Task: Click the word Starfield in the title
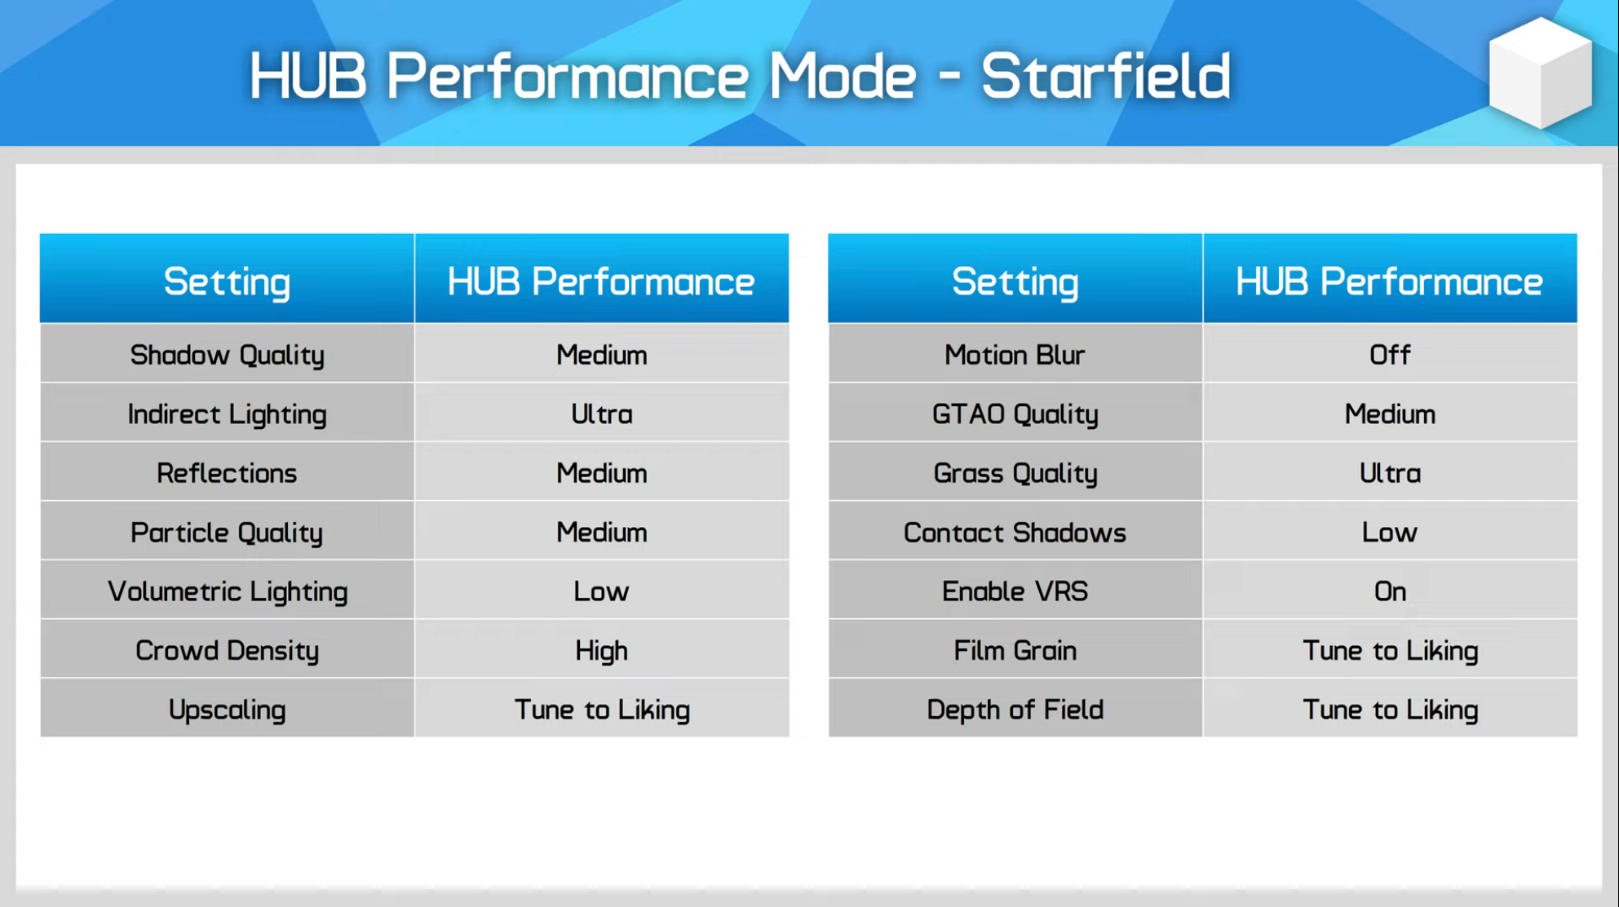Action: (1105, 76)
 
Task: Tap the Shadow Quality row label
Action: (228, 355)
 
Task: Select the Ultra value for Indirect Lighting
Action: (602, 414)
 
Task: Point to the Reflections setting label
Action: (227, 473)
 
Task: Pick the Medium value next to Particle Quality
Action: (602, 533)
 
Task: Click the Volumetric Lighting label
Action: (228, 591)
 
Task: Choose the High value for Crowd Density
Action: (602, 651)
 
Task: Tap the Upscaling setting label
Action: (227, 710)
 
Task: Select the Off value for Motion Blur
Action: (1390, 355)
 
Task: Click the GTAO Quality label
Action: (1015, 414)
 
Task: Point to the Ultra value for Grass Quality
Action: (1390, 473)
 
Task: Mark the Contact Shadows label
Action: (1015, 533)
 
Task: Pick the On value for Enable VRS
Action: (1390, 591)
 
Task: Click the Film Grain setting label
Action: (1015, 651)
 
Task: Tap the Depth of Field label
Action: (1015, 710)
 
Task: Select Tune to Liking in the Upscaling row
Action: (602, 710)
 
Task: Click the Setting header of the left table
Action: (227, 282)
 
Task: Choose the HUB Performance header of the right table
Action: (1389, 282)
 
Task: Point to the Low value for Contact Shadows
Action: (1390, 533)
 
